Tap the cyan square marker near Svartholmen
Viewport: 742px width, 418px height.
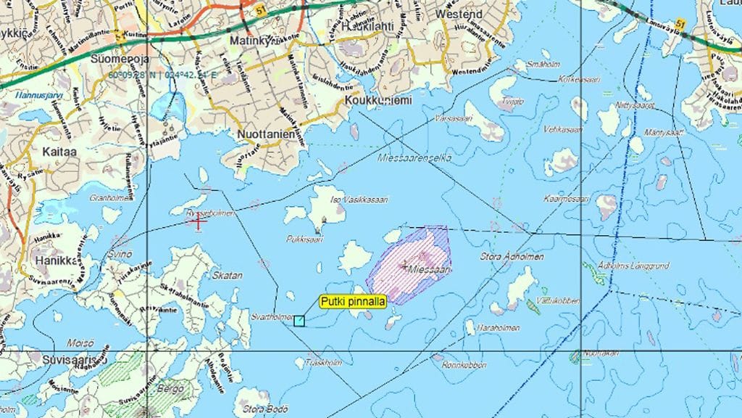click(x=299, y=320)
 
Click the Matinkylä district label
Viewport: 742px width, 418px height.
click(x=254, y=41)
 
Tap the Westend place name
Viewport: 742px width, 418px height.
click(x=459, y=14)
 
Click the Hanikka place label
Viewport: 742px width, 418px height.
click(x=56, y=261)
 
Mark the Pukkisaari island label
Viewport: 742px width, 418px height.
click(x=304, y=237)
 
